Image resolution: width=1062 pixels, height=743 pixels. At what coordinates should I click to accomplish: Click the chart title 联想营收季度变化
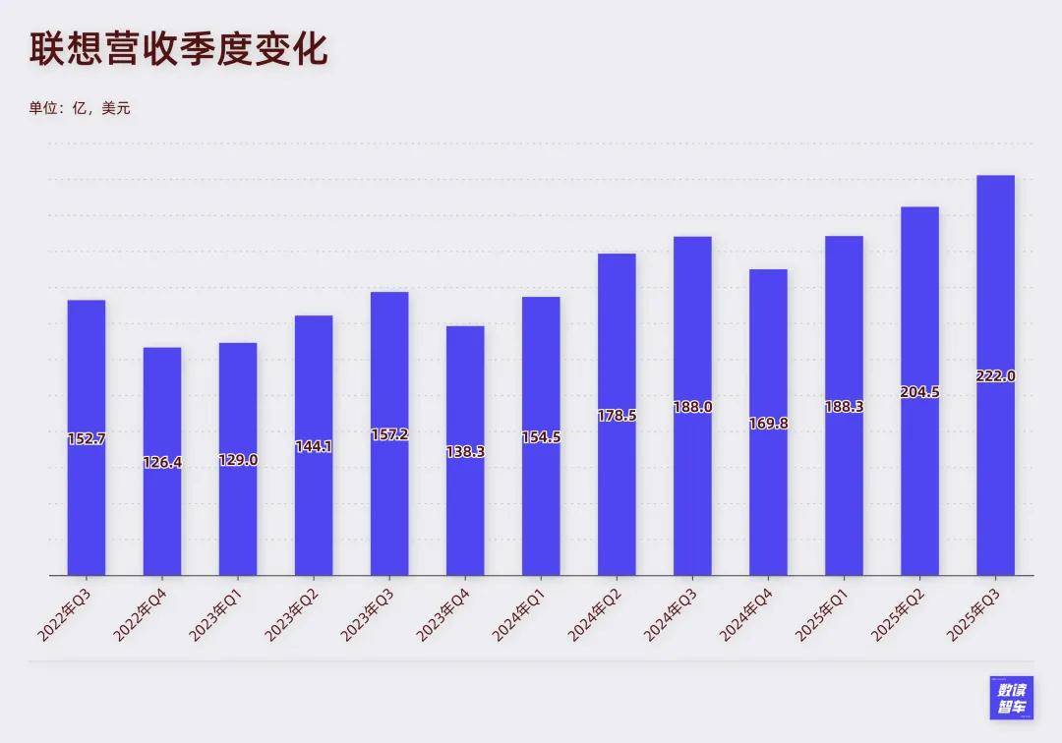178,50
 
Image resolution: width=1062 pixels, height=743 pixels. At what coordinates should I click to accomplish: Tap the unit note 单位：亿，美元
80,108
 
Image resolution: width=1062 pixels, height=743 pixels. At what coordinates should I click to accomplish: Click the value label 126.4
162,461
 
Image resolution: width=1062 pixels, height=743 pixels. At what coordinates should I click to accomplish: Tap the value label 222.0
995,376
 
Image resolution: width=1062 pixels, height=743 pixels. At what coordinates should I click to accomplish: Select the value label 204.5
919,392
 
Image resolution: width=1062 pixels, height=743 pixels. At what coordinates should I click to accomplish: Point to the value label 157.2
389,433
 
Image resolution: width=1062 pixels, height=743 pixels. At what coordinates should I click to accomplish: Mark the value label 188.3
844,407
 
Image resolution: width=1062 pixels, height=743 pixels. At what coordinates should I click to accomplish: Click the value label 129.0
238,459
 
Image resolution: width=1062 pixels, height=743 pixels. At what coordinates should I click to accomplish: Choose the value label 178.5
617,416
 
